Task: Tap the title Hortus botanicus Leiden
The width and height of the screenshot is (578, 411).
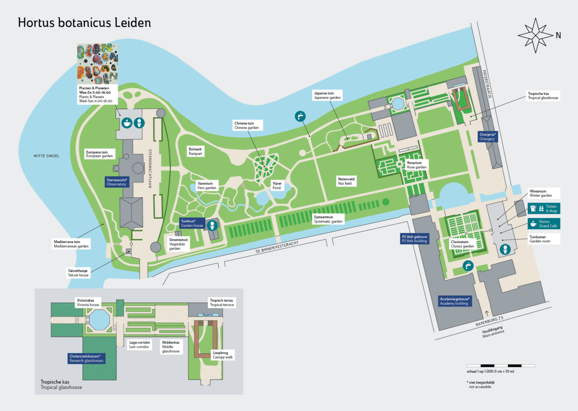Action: pos(84,23)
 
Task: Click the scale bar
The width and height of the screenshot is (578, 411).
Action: pos(501,365)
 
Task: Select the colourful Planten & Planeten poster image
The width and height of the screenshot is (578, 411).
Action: pos(97,64)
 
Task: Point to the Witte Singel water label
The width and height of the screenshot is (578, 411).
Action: pos(46,156)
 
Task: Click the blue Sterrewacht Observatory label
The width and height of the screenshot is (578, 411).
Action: pos(117,182)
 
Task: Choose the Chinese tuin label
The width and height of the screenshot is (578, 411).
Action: pos(247,125)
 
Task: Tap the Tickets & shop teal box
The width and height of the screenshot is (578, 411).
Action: pos(543,208)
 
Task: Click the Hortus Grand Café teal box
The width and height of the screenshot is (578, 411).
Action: pos(543,224)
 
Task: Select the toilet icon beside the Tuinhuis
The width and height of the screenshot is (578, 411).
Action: pos(212,225)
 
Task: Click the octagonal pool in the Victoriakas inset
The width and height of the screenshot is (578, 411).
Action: pos(101,320)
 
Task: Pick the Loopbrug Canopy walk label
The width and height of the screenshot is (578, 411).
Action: pos(223,355)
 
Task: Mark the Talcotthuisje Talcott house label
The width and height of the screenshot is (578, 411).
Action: pos(78,272)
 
